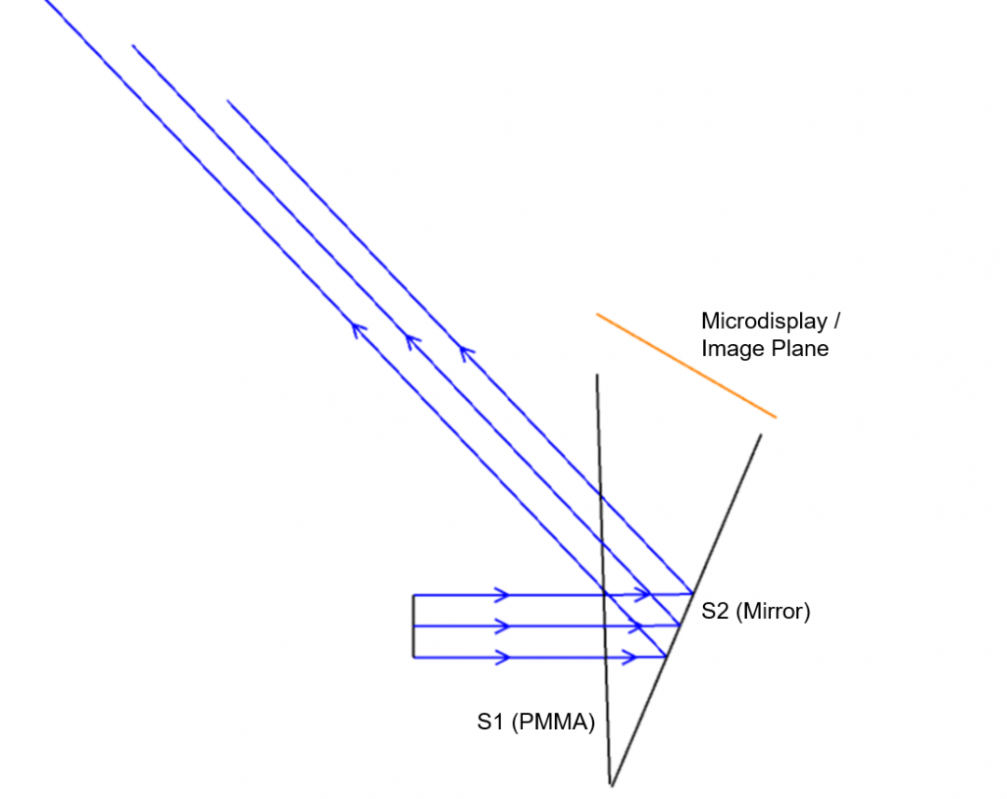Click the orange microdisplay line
[x=686, y=366]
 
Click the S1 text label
[x=491, y=722]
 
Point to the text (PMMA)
[x=554, y=723]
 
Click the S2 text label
[x=715, y=611]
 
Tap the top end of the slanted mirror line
[x=761, y=434]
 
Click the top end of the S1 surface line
[x=598, y=375]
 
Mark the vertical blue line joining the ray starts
[x=414, y=627]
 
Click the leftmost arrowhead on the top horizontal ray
[x=503, y=595]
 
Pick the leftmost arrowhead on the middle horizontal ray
[x=503, y=627]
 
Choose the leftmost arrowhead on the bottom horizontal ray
[x=503, y=657]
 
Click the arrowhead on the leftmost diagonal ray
[x=358, y=330]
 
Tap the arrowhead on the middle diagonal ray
[x=412, y=340]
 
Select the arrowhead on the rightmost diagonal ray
[x=465, y=352]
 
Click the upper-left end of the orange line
[x=597, y=314]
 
